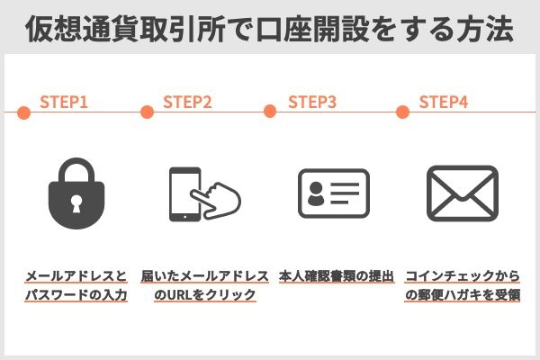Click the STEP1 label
(x=64, y=102)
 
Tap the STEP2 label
(x=187, y=102)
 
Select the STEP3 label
(x=312, y=102)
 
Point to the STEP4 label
(x=444, y=102)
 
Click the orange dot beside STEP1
(x=23, y=112)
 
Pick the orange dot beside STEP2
(x=147, y=112)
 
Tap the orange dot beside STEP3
(x=270, y=112)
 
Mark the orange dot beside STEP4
(x=402, y=112)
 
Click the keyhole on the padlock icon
(x=76, y=203)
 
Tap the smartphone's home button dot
(x=184, y=217)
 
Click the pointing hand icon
(x=217, y=201)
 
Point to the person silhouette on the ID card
(x=316, y=193)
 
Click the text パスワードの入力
(x=76, y=295)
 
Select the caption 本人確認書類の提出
(x=337, y=276)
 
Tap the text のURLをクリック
(x=205, y=295)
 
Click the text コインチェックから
(x=463, y=276)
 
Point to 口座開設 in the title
(x=312, y=29)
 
